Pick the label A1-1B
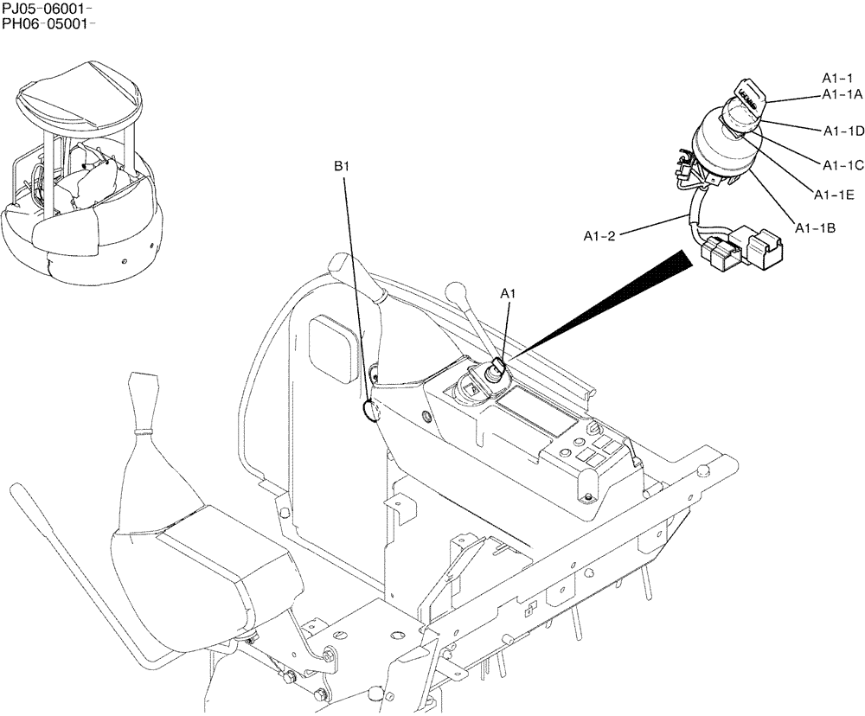815,228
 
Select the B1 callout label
342,163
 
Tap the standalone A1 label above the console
509,295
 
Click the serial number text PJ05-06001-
48,9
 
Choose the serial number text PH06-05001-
48,23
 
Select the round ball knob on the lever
455,289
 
